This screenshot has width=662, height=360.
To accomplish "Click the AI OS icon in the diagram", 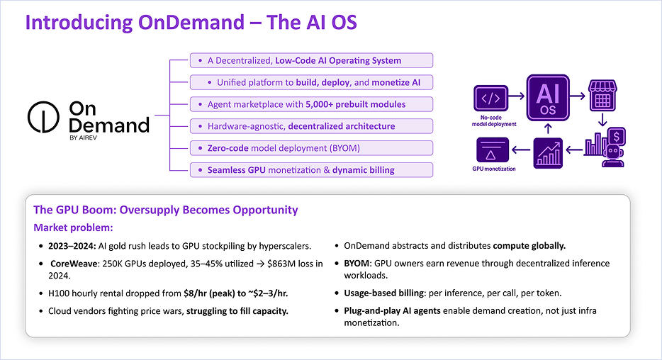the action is [x=548, y=98].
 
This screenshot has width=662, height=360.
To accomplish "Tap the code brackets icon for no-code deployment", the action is [x=490, y=99].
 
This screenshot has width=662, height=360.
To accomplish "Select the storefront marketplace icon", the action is [x=602, y=96].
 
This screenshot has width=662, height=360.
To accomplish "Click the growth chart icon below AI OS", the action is [x=548, y=153].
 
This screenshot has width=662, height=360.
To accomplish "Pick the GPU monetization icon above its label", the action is [x=493, y=150].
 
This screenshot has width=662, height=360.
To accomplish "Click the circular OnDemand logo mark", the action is [x=43, y=117].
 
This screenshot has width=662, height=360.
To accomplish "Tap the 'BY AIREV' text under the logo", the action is [x=83, y=137].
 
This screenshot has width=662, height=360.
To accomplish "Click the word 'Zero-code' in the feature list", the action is [x=228, y=148].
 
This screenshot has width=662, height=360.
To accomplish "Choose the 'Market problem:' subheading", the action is [x=73, y=227].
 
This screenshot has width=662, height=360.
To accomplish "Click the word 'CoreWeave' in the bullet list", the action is [x=74, y=264].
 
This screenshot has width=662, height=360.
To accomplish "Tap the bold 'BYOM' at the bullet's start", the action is [x=357, y=264].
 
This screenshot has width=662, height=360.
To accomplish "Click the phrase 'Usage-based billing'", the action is [x=383, y=293].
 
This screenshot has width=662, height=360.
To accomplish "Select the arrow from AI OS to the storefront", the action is [x=578, y=96].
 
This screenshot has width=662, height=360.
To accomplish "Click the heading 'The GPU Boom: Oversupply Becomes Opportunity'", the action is [x=166, y=210].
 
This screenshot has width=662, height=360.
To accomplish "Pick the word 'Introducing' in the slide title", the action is [x=79, y=23].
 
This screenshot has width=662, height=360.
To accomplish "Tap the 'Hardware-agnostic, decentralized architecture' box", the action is [x=312, y=126].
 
